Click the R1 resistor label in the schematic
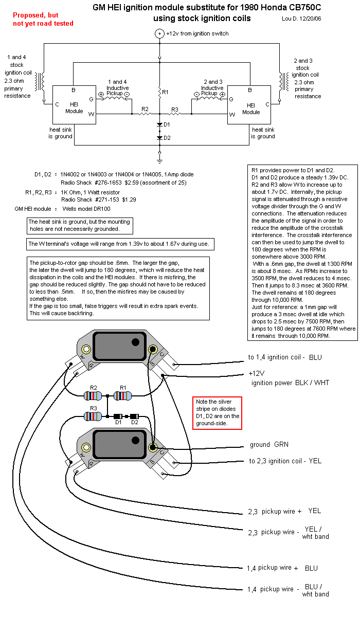coord(165,92)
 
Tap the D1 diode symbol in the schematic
coord(160,125)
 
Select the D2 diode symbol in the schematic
coord(160,138)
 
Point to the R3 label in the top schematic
coord(175,110)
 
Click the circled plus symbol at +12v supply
coord(159,33)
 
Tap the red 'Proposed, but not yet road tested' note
coord(43,20)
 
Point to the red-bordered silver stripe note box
coord(217,413)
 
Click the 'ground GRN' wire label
coord(269,445)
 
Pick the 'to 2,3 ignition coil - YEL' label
coord(285,461)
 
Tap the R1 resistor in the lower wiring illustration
coord(123,396)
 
